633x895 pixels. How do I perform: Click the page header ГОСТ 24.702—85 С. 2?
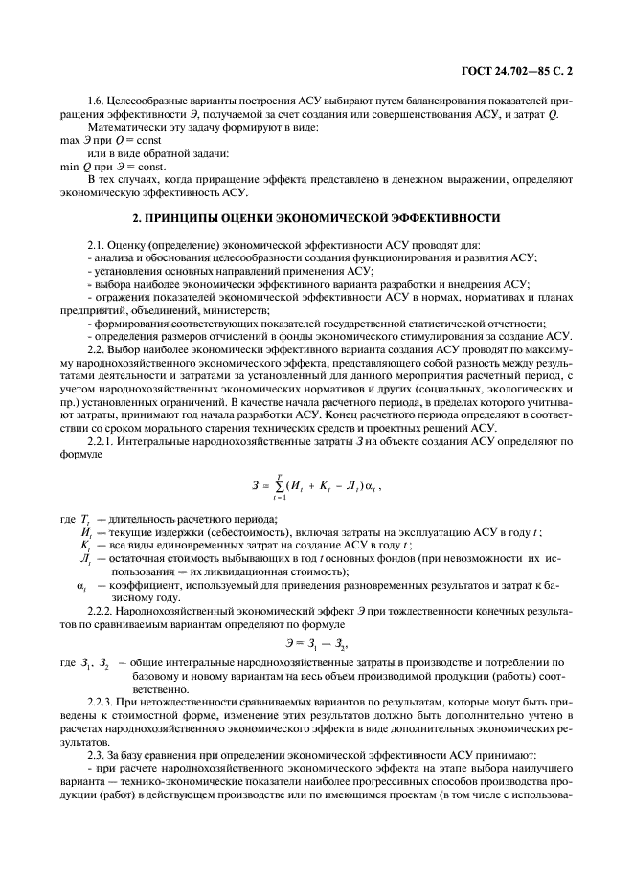coord(529,70)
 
